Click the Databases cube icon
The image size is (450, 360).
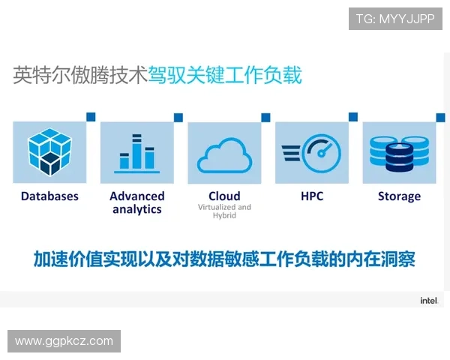[x=49, y=152]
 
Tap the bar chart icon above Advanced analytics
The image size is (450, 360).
[x=137, y=152]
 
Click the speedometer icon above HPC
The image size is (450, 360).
[x=312, y=152]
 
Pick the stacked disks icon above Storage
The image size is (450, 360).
[x=399, y=152]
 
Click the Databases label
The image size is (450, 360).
[x=49, y=196]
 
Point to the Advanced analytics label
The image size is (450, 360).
[x=137, y=202]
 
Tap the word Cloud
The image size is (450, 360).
[x=224, y=196]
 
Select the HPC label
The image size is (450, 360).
[x=312, y=196]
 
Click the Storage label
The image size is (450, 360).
[x=399, y=196]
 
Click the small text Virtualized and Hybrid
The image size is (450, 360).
[x=224, y=211]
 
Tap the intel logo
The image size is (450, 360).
[x=428, y=301]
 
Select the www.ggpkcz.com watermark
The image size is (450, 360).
[x=64, y=341]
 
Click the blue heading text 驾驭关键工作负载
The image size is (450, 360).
[x=224, y=76]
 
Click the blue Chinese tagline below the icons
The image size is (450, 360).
[x=224, y=259]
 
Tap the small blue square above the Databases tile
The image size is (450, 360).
[x=91, y=117]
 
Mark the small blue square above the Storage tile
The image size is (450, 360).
[x=440, y=117]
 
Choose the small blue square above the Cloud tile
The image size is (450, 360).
[x=265, y=117]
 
